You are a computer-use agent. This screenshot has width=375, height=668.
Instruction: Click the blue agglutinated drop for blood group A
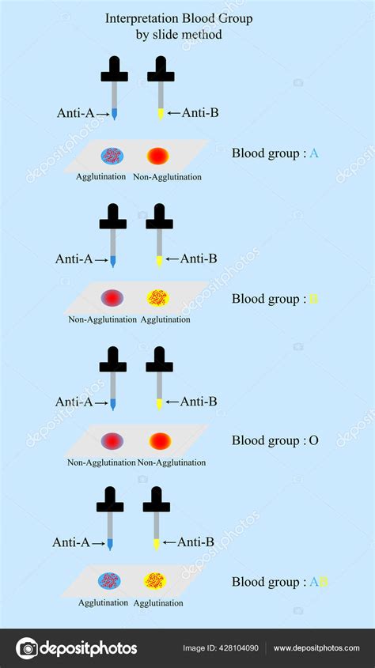(112, 156)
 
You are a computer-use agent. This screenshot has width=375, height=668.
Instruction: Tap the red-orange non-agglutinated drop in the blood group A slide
(158, 156)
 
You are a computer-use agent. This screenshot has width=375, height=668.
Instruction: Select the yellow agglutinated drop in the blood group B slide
(158, 298)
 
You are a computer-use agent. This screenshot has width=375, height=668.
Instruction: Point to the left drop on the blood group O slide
(112, 441)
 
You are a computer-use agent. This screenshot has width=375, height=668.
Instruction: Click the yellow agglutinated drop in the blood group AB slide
(155, 581)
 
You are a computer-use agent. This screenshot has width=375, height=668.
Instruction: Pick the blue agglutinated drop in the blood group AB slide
(109, 581)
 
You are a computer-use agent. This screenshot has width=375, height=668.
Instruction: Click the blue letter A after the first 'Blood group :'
(313, 153)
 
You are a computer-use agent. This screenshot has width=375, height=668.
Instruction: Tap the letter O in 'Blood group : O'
(313, 440)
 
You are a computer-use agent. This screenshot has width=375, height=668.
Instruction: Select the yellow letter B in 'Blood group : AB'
(324, 582)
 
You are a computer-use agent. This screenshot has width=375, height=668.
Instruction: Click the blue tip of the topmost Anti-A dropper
(114, 114)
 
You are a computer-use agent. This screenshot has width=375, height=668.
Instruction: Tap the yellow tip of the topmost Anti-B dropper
(161, 114)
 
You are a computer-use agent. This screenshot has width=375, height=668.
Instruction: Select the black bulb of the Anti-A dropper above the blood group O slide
(113, 359)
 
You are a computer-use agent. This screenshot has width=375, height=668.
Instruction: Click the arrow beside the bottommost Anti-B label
(169, 542)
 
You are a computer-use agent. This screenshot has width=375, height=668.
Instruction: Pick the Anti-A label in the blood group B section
(74, 259)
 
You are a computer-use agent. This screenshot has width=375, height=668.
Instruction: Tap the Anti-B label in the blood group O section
(198, 402)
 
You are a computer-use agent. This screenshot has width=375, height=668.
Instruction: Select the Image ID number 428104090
(239, 648)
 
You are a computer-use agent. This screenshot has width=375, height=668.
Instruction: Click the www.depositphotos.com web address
(316, 648)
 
